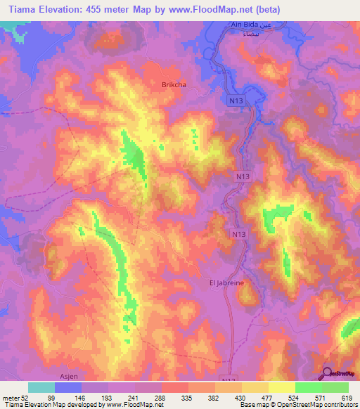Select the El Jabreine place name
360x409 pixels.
click(x=226, y=282)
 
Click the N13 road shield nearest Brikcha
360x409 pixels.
click(x=236, y=102)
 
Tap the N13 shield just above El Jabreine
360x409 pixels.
click(x=240, y=232)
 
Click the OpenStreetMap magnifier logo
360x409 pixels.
click(x=328, y=372)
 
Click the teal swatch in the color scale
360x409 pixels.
click(x=41, y=387)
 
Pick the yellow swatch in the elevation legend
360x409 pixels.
click(x=282, y=387)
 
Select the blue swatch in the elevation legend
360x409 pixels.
click(x=68, y=387)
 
